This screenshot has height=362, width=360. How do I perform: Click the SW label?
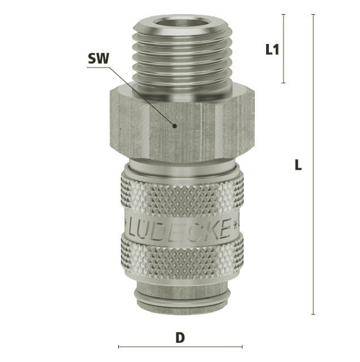pos(98,58)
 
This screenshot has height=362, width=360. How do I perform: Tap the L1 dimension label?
pos(272,49)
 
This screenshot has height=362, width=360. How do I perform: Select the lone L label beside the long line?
pos(298,165)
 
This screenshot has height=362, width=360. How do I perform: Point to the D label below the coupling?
pos(180,338)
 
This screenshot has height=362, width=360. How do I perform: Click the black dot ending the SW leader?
pos(175,126)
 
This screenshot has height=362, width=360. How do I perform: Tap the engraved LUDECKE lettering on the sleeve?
pos(179,228)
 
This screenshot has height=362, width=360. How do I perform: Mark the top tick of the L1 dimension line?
pos(284,14)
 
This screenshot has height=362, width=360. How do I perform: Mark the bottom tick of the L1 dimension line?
pos(284,83)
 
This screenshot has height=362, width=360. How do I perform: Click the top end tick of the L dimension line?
pos(313,14)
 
